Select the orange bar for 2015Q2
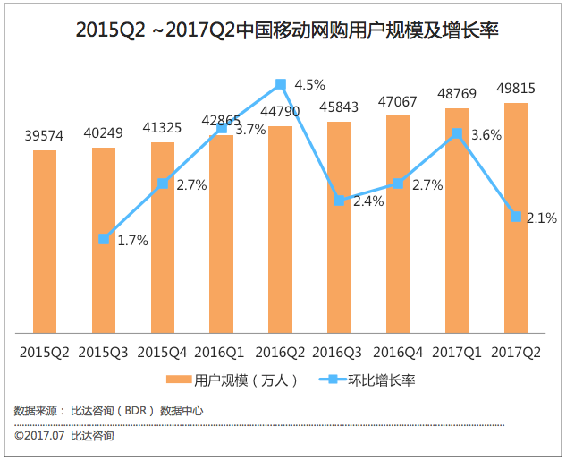pyautogui.click(x=45, y=242)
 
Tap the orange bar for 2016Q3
pyautogui.click(x=339, y=227)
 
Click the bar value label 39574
pyautogui.click(x=45, y=136)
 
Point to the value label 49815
pyautogui.click(x=516, y=89)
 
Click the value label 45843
pyautogui.click(x=339, y=107)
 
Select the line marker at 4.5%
pyautogui.click(x=280, y=84)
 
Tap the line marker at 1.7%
pyautogui.click(x=104, y=239)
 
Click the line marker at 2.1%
pyautogui.click(x=516, y=216)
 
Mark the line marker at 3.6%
pyautogui.click(x=457, y=133)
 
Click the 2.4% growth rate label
pyautogui.click(x=368, y=201)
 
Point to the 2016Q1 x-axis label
pyautogui.click(x=221, y=352)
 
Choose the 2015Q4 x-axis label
pyautogui.click(x=162, y=352)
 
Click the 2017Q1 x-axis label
pyautogui.click(x=457, y=352)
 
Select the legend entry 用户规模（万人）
pyautogui.click(x=229, y=380)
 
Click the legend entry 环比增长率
pyautogui.click(x=367, y=380)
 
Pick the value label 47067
pyautogui.click(x=398, y=101)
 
